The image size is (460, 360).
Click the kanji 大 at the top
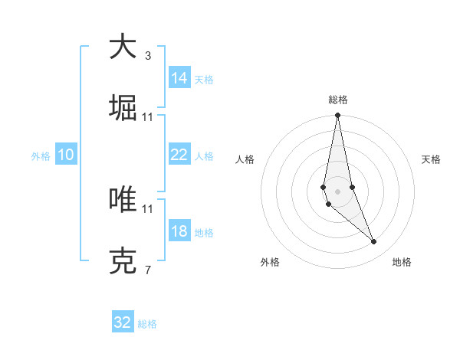point(123,46)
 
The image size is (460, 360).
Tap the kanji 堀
point(123,108)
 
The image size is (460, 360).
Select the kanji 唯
point(123,200)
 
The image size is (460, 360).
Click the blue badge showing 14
point(179,78)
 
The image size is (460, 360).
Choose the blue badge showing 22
point(179,155)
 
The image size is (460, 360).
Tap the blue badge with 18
point(179,231)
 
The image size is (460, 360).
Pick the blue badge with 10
point(66,155)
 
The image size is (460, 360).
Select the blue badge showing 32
point(123,322)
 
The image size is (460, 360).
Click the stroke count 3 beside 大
point(147,56)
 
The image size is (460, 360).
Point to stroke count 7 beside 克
point(147,270)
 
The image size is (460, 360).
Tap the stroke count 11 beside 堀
point(147,117)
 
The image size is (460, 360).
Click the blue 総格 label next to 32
point(147,324)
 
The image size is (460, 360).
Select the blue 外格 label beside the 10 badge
point(41,155)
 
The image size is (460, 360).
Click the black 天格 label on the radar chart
point(432,159)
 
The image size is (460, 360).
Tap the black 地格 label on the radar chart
point(402,262)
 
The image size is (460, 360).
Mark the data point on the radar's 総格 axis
point(337,116)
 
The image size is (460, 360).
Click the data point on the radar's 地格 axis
point(374,242)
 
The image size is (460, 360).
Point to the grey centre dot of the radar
point(337,191)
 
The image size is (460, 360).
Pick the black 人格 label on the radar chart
point(245,159)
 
